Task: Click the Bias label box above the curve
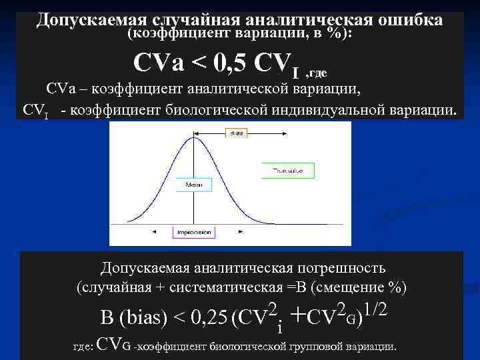(x=237, y=133)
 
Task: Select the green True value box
(x=287, y=171)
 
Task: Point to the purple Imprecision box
(x=193, y=233)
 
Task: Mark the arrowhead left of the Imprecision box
(x=155, y=233)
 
